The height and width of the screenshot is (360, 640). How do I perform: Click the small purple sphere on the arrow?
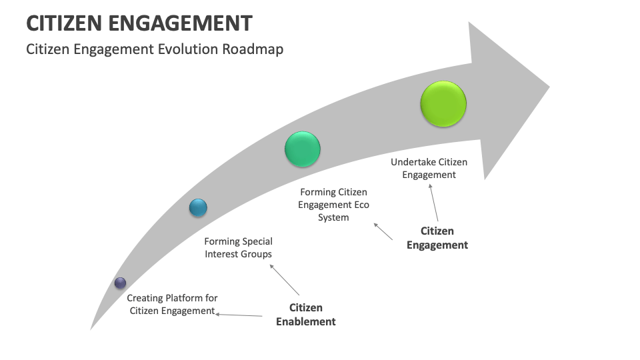click(120, 283)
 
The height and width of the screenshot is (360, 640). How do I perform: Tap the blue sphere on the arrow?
click(197, 208)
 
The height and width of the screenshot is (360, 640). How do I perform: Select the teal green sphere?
click(302, 149)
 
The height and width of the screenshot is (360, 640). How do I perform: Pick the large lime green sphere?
click(443, 104)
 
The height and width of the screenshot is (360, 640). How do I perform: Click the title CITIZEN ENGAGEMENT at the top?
click(139, 23)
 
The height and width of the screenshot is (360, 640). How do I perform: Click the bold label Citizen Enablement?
click(306, 315)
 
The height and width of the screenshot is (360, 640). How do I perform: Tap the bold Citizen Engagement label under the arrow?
click(437, 238)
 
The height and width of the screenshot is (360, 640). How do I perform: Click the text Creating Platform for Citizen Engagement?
click(172, 305)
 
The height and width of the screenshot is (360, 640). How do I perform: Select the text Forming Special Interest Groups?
click(238, 247)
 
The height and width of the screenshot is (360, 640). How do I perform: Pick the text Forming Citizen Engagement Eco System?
click(333, 205)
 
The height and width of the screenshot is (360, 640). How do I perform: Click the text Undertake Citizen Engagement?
click(429, 168)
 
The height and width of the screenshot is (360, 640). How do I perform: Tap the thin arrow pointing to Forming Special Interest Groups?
click(285, 279)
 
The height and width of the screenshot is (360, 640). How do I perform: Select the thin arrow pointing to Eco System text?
click(383, 231)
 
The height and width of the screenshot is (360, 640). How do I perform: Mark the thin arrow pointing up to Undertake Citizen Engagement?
click(434, 203)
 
